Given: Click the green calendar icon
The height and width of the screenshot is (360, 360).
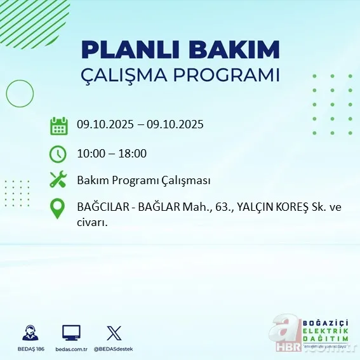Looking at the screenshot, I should pyautogui.click(x=58, y=125).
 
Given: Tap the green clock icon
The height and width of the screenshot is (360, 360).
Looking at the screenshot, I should pyautogui.click(x=58, y=153).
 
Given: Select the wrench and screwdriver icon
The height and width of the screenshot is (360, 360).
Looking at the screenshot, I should pyautogui.click(x=58, y=180).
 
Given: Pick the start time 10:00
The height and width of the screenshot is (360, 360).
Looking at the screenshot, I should pyautogui.click(x=91, y=153).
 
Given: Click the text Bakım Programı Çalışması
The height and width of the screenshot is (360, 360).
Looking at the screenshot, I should pyautogui.click(x=143, y=180).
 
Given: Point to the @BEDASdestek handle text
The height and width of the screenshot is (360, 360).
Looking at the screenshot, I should pyautogui.click(x=114, y=349).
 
